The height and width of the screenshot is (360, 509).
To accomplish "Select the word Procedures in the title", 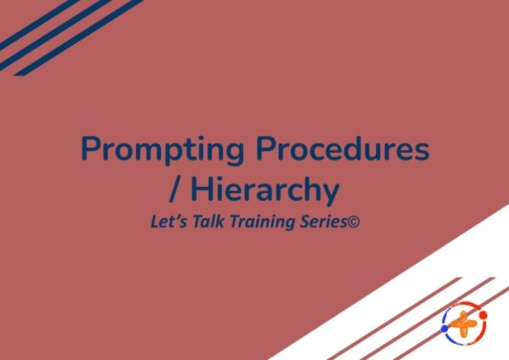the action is [343, 148].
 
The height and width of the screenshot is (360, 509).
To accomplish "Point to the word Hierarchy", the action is [265, 192].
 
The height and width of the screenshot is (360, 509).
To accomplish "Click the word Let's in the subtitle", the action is [169, 222].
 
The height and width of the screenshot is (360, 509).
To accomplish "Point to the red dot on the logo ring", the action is [484, 315].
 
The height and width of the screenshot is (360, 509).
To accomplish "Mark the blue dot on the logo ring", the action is [445, 329].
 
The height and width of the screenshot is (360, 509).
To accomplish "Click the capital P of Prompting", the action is [91, 148].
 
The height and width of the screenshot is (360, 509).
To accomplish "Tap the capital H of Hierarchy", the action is [201, 190].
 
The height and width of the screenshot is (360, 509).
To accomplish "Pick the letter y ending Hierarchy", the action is [331, 195].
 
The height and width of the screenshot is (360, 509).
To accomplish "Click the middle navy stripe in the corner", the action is [54, 35].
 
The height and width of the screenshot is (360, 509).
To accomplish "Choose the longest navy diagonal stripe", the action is [78, 37].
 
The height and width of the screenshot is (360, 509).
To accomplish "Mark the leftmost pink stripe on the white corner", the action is [394, 318].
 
